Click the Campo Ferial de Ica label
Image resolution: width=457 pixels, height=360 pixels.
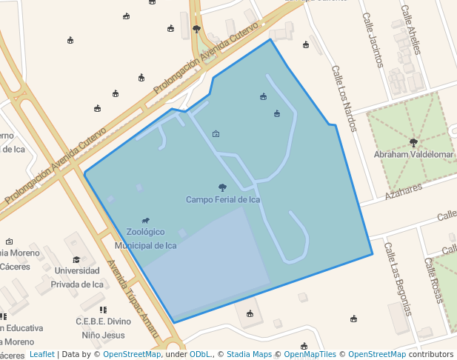(x=223, y=199)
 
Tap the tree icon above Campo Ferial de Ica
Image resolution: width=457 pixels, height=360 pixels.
(x=223, y=187)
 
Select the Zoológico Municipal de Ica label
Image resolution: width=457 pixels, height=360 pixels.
(x=146, y=239)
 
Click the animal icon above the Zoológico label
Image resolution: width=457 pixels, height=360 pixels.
(x=146, y=221)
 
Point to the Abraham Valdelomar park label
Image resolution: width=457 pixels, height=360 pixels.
(x=413, y=154)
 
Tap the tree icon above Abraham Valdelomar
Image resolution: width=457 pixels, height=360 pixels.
(x=413, y=142)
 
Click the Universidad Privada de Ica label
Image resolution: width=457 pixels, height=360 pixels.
(x=78, y=277)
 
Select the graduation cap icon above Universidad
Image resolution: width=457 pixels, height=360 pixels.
(x=76, y=259)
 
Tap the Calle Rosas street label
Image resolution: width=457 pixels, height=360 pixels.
(x=433, y=280)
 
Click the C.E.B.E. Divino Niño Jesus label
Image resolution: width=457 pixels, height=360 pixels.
(x=104, y=327)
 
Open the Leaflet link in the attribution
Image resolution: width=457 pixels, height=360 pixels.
(x=41, y=354)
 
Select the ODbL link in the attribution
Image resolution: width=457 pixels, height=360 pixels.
(x=200, y=354)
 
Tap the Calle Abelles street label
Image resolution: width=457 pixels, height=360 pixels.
(x=410, y=30)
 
